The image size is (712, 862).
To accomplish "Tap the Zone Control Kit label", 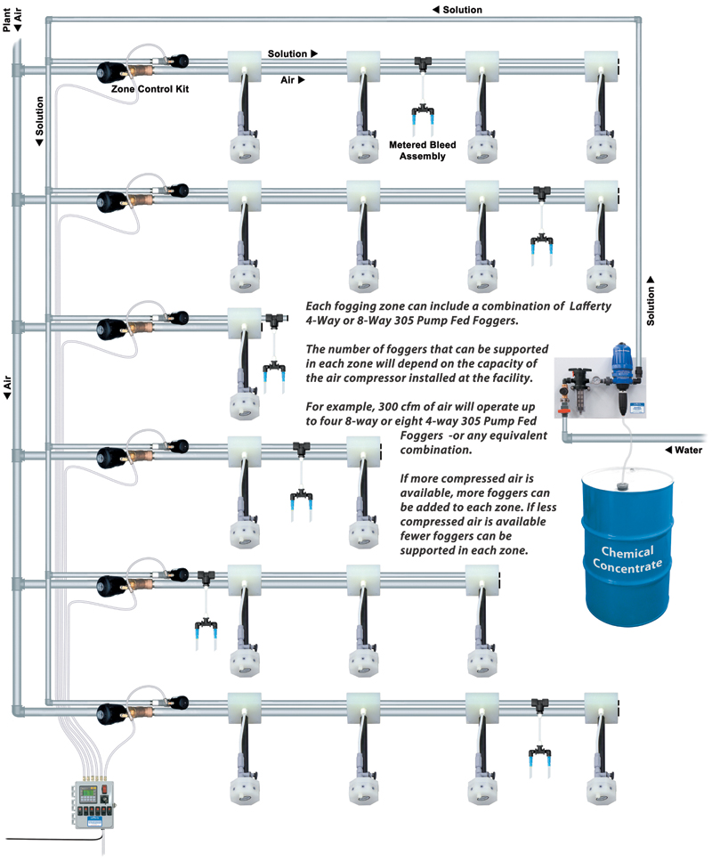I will (x=150, y=89).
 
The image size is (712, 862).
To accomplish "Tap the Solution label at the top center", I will (x=457, y=10).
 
